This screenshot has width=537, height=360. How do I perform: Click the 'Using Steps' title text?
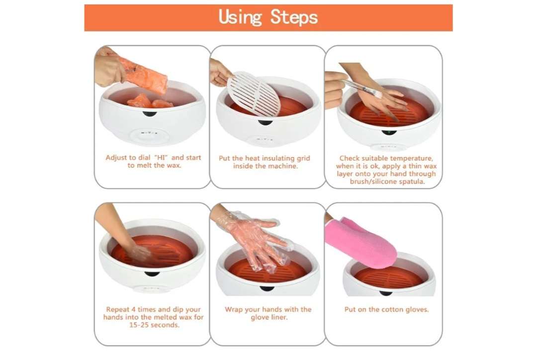tap(268, 17)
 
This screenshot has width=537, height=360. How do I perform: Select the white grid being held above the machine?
tap(254, 93)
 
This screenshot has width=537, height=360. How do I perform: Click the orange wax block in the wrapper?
tap(143, 75)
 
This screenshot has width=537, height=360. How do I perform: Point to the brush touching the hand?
tap(362, 88)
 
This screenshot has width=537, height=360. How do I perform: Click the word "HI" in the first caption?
tap(161, 158)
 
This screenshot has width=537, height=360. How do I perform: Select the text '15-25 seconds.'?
tap(154, 325)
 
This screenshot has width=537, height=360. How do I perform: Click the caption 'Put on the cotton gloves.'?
tap(386, 309)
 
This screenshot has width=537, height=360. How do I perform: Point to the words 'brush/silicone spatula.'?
tap(387, 181)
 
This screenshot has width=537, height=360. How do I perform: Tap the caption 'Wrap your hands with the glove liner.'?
tap(268, 313)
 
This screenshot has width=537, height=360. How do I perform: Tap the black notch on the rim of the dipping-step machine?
tap(152, 274)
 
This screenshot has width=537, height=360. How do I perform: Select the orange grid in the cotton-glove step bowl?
tap(389, 277)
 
